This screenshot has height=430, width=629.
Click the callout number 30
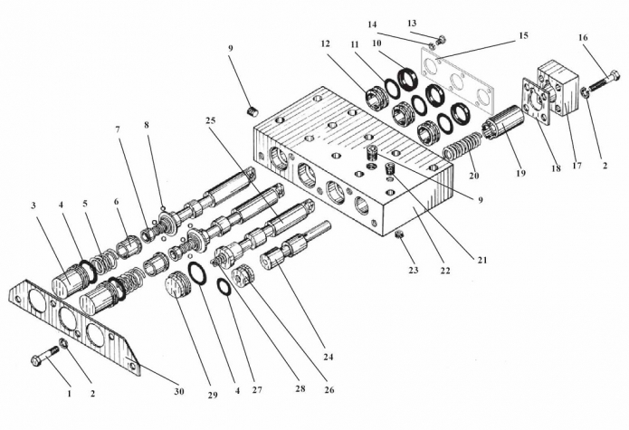(179, 391)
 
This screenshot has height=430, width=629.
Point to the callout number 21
(482, 261)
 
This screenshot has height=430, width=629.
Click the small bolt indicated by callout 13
(441, 40)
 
